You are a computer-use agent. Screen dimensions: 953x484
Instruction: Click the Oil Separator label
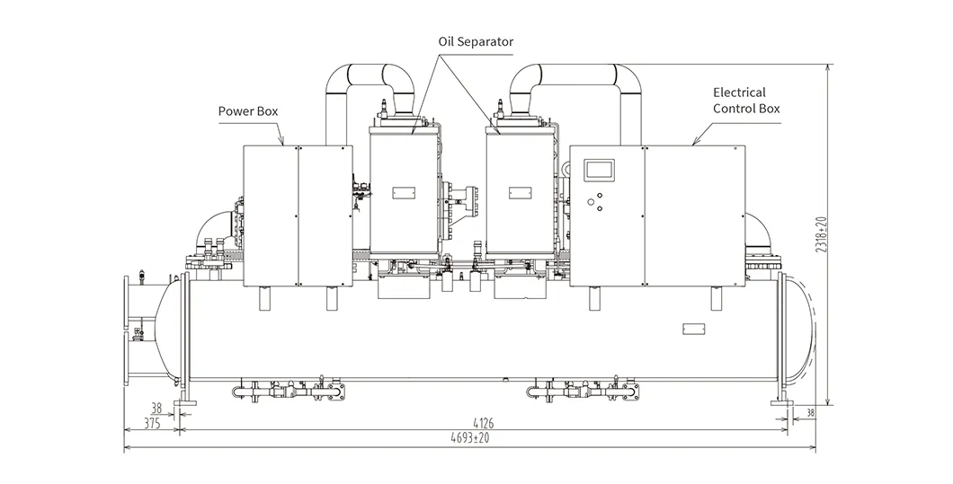pos(476,42)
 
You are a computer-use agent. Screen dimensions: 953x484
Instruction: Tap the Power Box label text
pos(248,111)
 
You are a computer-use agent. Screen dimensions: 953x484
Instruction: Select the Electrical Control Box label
pos(745,101)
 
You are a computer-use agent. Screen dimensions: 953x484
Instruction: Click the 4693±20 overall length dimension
pos(470,438)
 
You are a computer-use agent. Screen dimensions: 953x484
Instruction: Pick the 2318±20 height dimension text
pos(823,233)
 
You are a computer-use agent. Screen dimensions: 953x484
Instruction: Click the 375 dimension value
pos(152,423)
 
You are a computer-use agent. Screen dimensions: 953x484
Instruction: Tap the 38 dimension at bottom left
pos(156,409)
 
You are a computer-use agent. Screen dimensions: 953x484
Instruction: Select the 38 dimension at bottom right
pos(809,413)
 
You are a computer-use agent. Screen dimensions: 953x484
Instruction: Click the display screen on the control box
pos(600,170)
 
